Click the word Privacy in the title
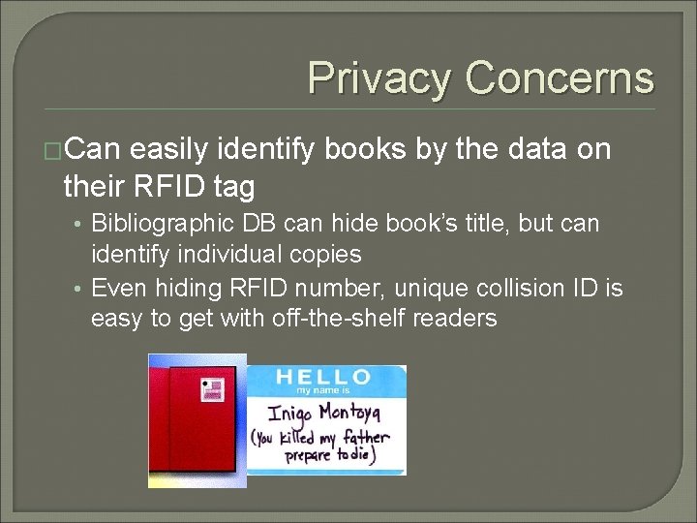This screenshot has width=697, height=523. click(x=379, y=77)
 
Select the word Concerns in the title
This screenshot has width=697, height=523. click(x=560, y=77)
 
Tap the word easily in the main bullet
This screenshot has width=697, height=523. click(x=169, y=150)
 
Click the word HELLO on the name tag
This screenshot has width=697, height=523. click(x=323, y=377)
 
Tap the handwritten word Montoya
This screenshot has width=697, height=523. click(x=354, y=414)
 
